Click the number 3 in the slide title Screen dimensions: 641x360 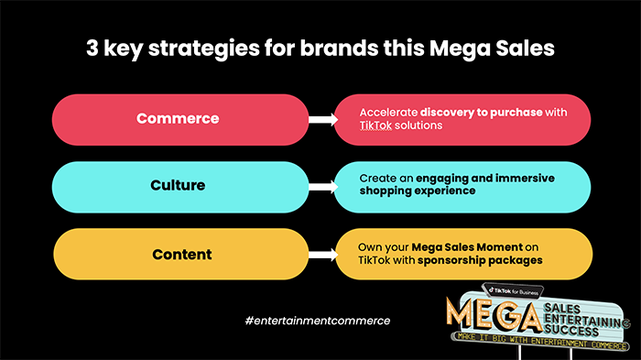tap(92, 48)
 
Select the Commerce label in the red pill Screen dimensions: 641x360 tap(178, 119)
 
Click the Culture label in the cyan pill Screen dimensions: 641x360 tap(178, 185)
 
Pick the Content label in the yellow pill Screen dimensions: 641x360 tap(182, 255)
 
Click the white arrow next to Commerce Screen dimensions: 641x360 tap(323, 120)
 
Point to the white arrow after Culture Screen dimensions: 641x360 tap(323, 188)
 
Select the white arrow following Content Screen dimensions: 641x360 tap(323, 255)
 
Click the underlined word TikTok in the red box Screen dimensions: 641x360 tap(375, 125)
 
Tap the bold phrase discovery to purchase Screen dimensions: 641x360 tap(481, 113)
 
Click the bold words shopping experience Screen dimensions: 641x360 tap(418, 191)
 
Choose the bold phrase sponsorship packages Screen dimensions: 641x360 tap(480, 260)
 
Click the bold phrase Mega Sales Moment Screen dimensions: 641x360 tap(467, 247)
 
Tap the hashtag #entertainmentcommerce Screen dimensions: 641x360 tap(318, 321)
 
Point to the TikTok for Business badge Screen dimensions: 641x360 tap(514, 291)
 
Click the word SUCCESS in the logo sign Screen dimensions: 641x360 tap(571, 330)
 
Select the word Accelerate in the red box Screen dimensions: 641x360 tap(388, 113)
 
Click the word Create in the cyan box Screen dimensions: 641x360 tap(374, 179)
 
